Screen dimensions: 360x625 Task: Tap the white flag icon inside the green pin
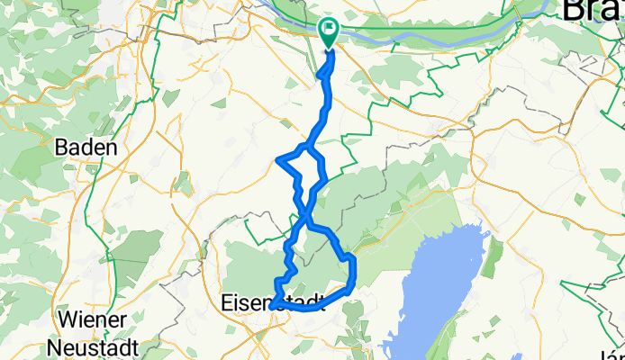click(329, 31)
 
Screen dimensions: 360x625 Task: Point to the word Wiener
click(90, 319)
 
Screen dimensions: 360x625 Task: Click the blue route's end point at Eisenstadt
click(270, 309)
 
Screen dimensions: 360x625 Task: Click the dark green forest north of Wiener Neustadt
click(135, 252)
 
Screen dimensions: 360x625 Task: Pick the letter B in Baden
click(61, 147)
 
